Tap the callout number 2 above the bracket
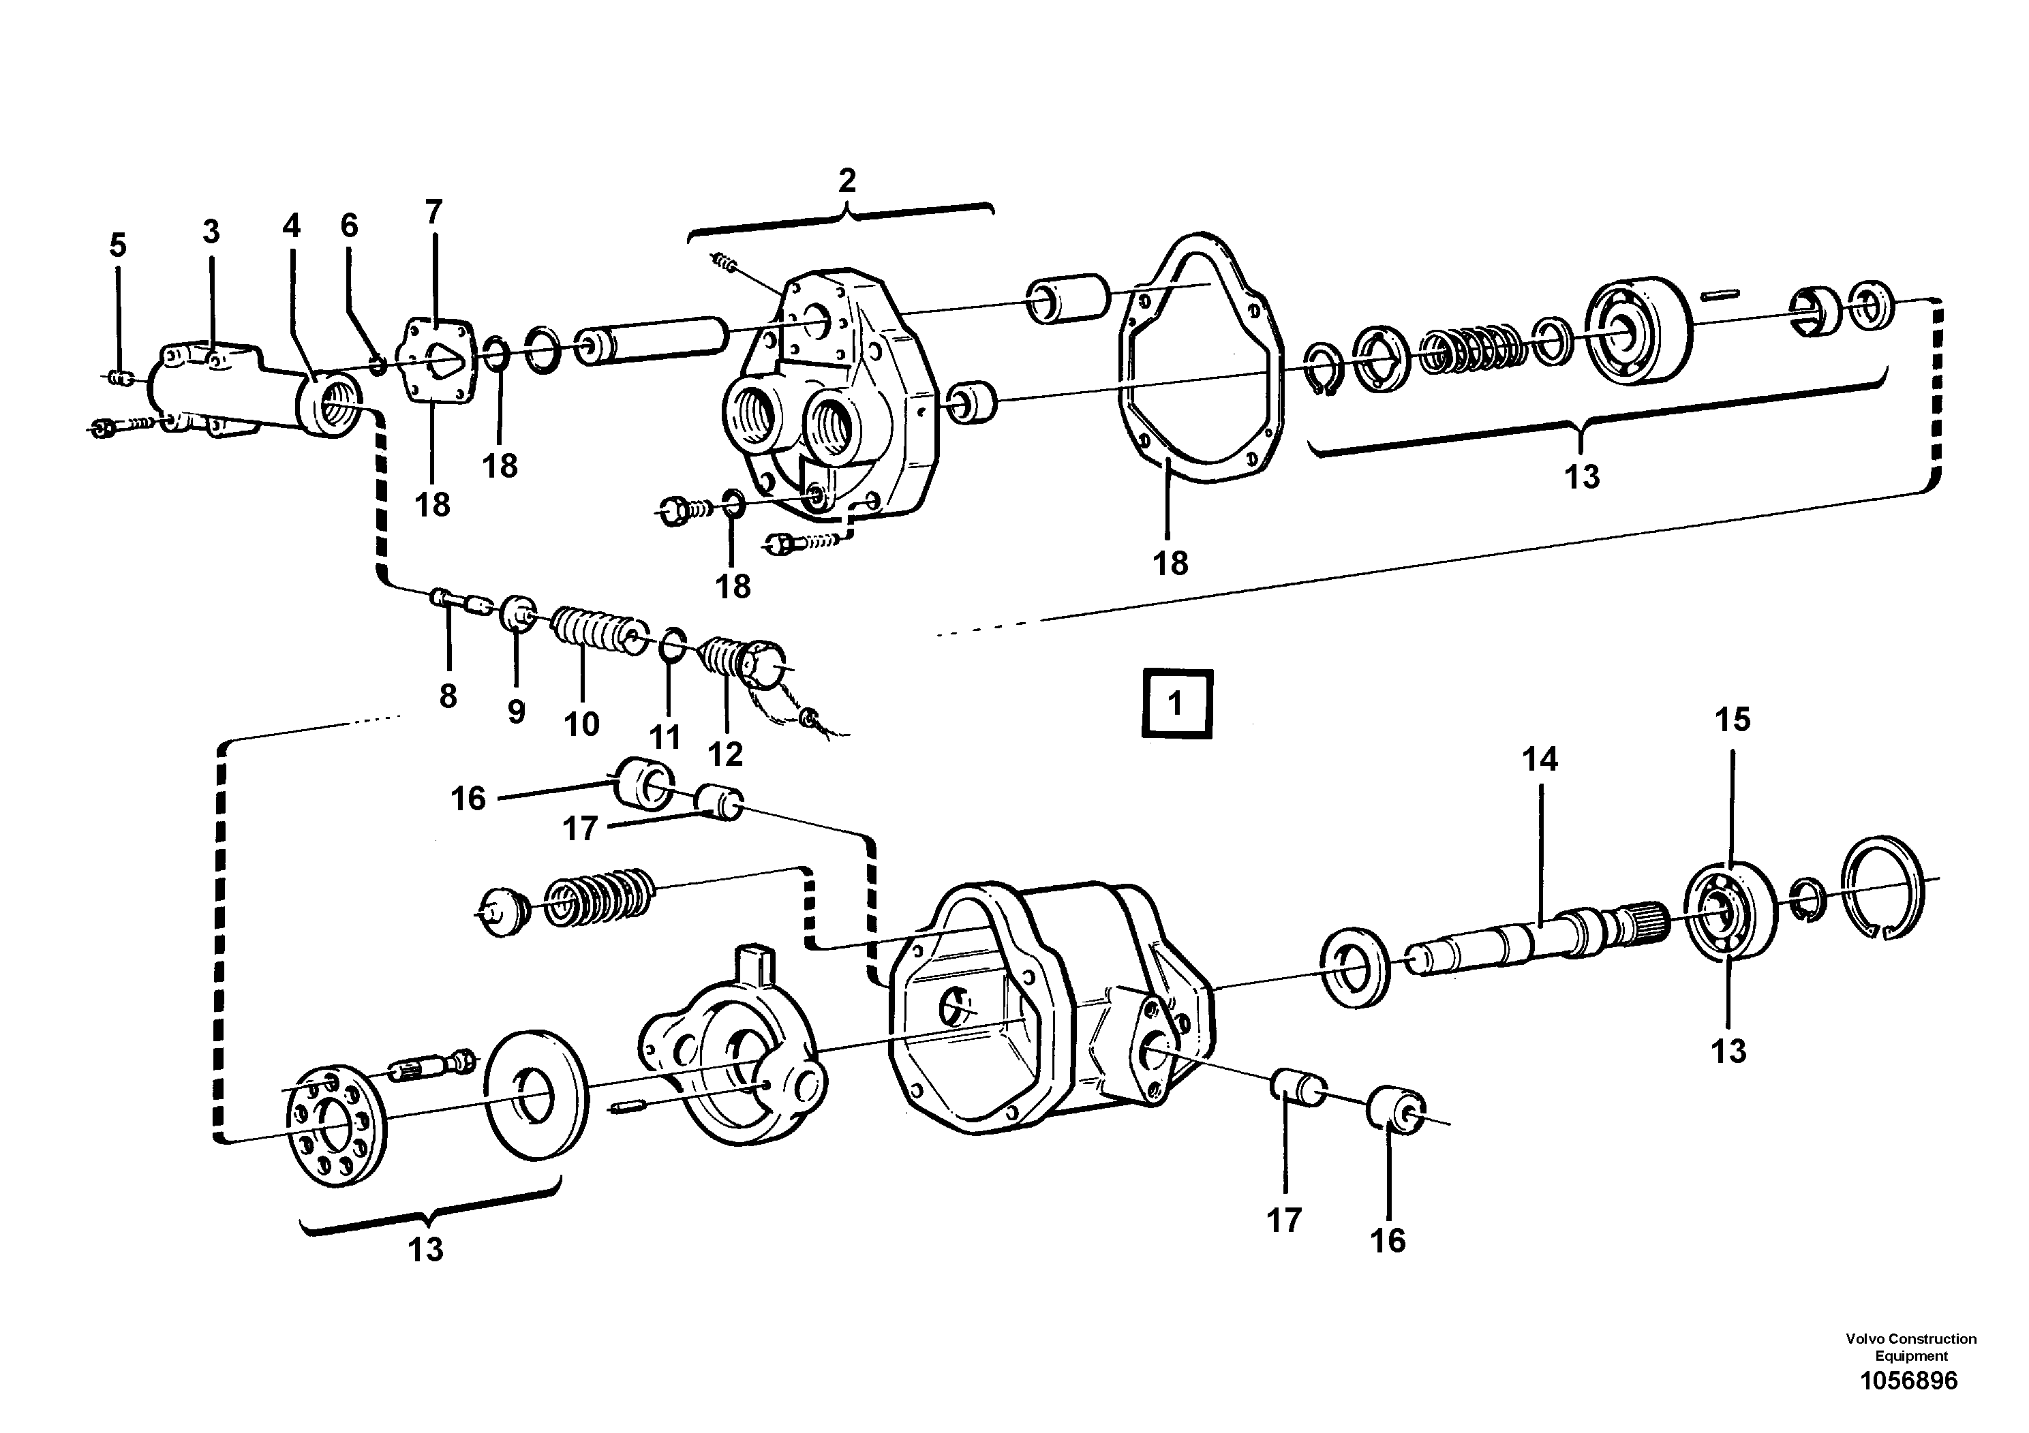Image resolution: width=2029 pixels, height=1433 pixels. [846, 181]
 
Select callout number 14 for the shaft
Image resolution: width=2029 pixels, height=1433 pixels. [1540, 759]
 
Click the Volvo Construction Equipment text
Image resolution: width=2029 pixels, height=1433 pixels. [1910, 1347]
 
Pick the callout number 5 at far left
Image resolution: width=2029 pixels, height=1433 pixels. [117, 245]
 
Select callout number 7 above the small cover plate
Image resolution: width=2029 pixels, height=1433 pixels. [433, 212]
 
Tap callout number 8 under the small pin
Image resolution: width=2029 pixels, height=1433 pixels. [448, 696]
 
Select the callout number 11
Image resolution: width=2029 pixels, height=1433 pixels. [665, 736]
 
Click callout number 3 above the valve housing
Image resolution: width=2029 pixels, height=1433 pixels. [211, 232]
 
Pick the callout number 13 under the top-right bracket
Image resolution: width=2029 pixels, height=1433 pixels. [1581, 477]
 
